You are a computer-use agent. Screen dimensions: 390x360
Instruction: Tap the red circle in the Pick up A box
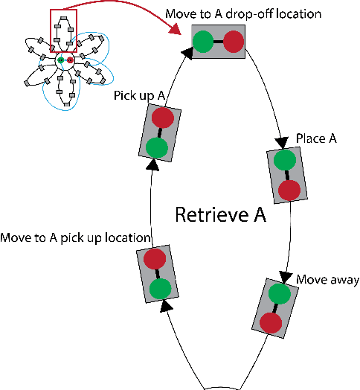pos(162,118)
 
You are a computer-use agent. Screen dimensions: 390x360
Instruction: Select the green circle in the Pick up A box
pos(157,146)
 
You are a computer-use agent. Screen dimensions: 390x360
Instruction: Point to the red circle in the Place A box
pos(289,189)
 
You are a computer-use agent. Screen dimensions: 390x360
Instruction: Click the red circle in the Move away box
pos(271,322)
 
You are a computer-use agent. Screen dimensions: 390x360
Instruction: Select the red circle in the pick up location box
pos(154,259)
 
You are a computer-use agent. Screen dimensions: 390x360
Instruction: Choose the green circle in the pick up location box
pos(159,287)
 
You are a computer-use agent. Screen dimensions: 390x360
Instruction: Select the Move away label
pos(328,280)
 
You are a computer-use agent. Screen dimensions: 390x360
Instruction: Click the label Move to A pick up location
pos(76,238)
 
